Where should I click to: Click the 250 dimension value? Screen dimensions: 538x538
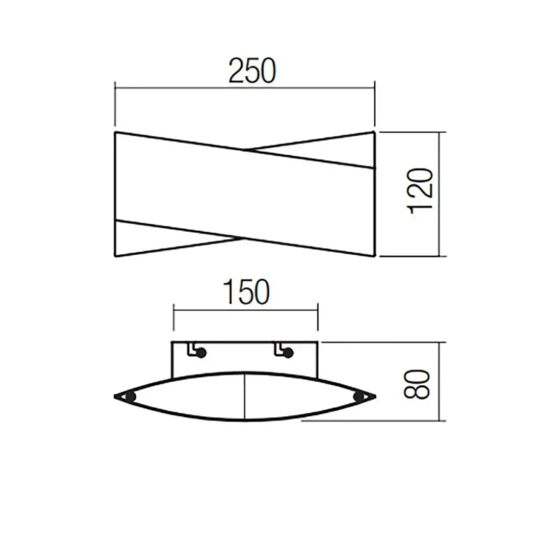coord(252,71)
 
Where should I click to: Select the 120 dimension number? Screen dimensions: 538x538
coord(420,191)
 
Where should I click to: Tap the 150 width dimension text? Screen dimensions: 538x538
coord(246,292)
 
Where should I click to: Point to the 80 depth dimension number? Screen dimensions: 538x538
coord(417,384)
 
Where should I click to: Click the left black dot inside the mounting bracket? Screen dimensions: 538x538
coord(201,353)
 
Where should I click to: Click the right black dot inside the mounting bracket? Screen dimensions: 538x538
coord(288,353)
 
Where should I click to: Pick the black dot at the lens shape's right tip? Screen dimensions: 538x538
coord(359,397)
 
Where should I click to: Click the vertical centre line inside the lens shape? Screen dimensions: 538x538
coord(244,396)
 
